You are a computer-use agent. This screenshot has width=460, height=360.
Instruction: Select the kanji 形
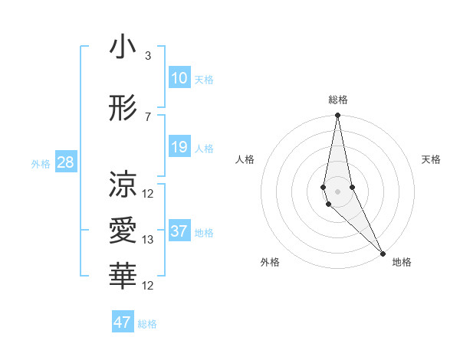123,108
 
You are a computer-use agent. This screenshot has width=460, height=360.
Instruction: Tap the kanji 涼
123,185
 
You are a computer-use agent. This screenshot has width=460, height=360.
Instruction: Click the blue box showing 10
179,78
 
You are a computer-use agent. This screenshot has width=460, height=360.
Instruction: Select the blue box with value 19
179,147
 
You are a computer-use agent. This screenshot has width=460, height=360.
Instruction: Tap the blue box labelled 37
179,231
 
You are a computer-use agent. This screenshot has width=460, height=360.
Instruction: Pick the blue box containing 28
65,162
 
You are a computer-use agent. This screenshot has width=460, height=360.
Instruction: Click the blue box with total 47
123,322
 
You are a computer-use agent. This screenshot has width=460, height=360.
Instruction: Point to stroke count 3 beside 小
148,56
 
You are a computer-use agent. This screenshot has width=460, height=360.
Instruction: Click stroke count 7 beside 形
148,116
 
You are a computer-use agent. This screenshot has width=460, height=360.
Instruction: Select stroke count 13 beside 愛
148,240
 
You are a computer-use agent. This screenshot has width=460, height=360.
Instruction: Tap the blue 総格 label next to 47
147,324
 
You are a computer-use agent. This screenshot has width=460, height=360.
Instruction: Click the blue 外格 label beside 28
41,164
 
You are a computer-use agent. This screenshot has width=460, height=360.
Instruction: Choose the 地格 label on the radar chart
402,263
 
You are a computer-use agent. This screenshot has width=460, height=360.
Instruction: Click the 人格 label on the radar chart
245,159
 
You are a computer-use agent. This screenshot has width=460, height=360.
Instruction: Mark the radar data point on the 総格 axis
337,116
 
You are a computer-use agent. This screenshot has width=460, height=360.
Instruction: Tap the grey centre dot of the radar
337,190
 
